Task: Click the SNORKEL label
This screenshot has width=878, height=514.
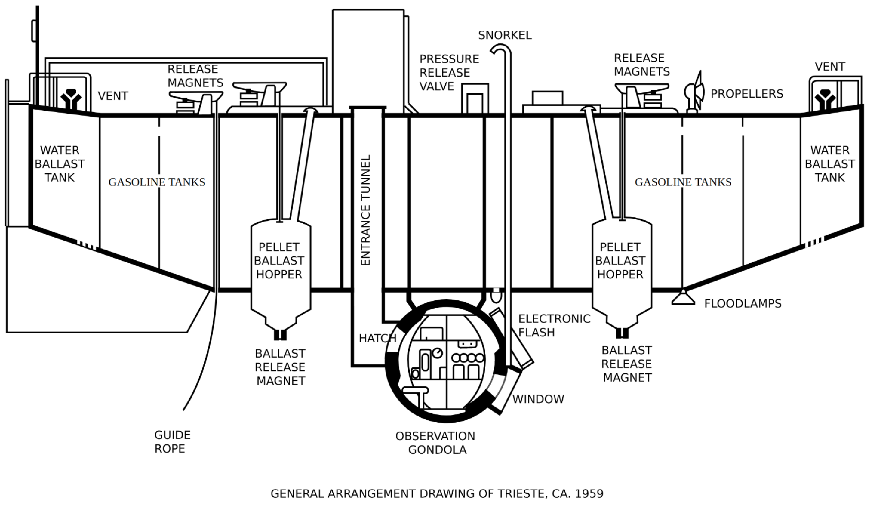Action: click(505, 35)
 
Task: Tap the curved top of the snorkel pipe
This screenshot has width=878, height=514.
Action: click(501, 47)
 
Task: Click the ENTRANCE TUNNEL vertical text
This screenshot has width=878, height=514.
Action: click(366, 210)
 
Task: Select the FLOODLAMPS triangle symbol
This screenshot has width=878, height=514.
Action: click(683, 298)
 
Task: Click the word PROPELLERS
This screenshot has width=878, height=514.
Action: click(747, 94)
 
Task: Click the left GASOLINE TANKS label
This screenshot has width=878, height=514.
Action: click(157, 182)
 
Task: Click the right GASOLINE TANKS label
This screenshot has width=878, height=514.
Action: click(683, 182)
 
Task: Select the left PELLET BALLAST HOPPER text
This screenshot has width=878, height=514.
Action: click(279, 261)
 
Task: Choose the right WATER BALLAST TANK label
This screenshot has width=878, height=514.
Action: click(830, 164)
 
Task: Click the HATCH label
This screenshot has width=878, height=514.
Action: click(377, 338)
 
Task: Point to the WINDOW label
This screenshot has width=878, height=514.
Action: click(538, 399)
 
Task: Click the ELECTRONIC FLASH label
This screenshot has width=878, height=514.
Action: click(554, 326)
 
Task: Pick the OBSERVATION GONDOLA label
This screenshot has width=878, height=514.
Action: click(436, 443)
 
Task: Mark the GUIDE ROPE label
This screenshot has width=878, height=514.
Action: click(172, 442)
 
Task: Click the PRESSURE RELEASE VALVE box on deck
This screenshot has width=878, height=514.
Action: click(475, 98)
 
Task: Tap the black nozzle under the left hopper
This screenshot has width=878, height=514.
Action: click(280, 335)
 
